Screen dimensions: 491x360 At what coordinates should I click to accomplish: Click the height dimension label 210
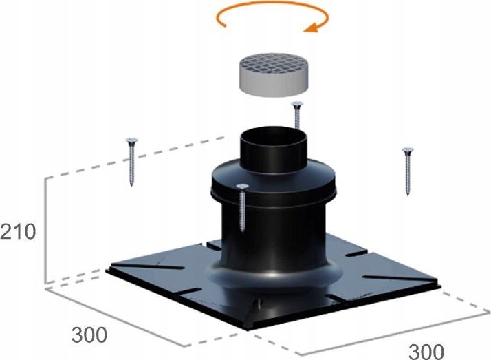tap(18, 232)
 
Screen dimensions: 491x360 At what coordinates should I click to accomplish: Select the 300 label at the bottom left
tap(89, 335)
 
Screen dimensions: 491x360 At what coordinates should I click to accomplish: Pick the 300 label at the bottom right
tap(426, 351)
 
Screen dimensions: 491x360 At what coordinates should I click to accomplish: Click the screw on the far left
tap(131, 162)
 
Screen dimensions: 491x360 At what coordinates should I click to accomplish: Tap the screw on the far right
tap(407, 171)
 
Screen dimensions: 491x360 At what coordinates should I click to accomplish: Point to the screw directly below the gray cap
tap(297, 115)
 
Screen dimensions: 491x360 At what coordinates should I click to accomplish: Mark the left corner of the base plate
tap(107, 270)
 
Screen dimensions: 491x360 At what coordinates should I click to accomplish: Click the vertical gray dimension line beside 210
tap(46, 230)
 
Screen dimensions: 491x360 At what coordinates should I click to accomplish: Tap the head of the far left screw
tap(132, 140)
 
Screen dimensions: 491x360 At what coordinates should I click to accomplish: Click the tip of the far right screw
tap(408, 195)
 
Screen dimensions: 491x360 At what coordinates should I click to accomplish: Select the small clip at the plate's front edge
tap(256, 308)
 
